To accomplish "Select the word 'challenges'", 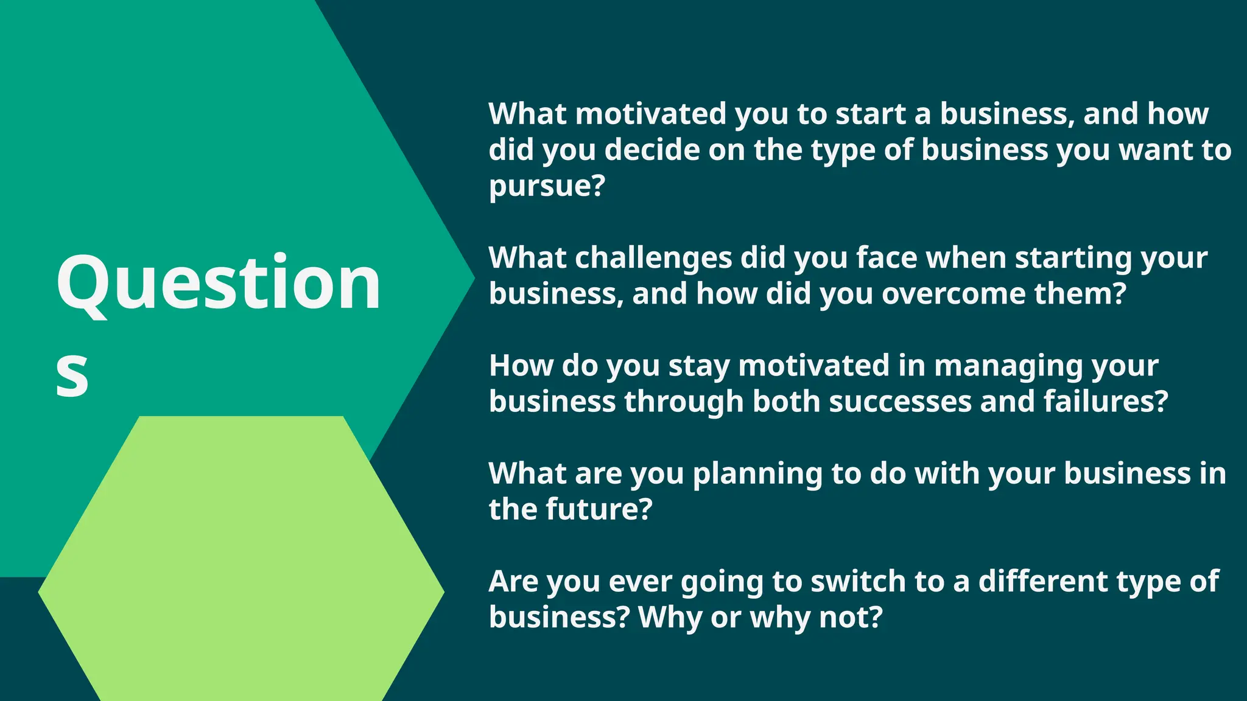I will pyautogui.click(x=653, y=258).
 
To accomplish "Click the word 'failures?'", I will pyautogui.click(x=1106, y=402).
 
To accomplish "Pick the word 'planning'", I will pyautogui.click(x=757, y=474).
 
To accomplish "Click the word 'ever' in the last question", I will pyautogui.click(x=641, y=582).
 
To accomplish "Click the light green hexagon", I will pyautogui.click(x=241, y=572).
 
